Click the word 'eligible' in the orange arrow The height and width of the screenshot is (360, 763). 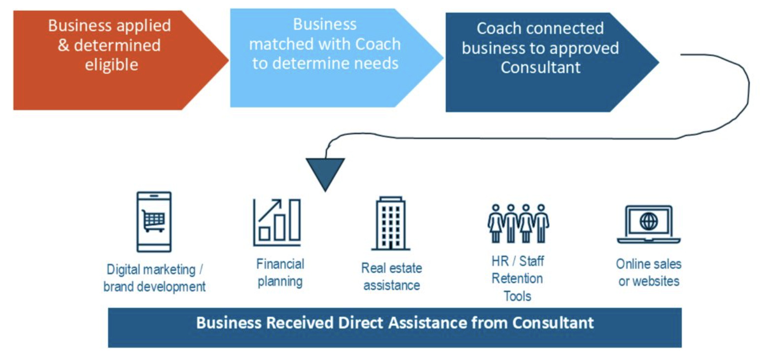pos(111,65)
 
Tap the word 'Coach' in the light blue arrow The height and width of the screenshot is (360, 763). pos(378,44)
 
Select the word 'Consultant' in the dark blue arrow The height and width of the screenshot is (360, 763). pos(541,67)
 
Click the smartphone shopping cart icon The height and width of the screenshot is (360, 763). pos(154,222)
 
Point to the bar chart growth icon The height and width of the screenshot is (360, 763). pos(277,222)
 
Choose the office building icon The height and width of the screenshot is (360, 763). pos(391,223)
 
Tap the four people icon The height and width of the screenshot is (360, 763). pos(518,223)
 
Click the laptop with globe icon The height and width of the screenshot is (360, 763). pos(649,224)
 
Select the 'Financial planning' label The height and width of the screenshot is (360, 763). pos(280,273)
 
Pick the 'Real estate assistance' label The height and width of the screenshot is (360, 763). pos(392,277)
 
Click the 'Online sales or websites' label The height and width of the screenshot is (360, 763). pos(649,273)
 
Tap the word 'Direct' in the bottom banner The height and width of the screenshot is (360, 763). pos(360,323)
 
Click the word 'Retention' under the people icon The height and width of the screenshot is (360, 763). pos(518,279)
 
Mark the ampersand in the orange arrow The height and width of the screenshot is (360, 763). pos(64,45)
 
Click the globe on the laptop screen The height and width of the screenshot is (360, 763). pos(649,221)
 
